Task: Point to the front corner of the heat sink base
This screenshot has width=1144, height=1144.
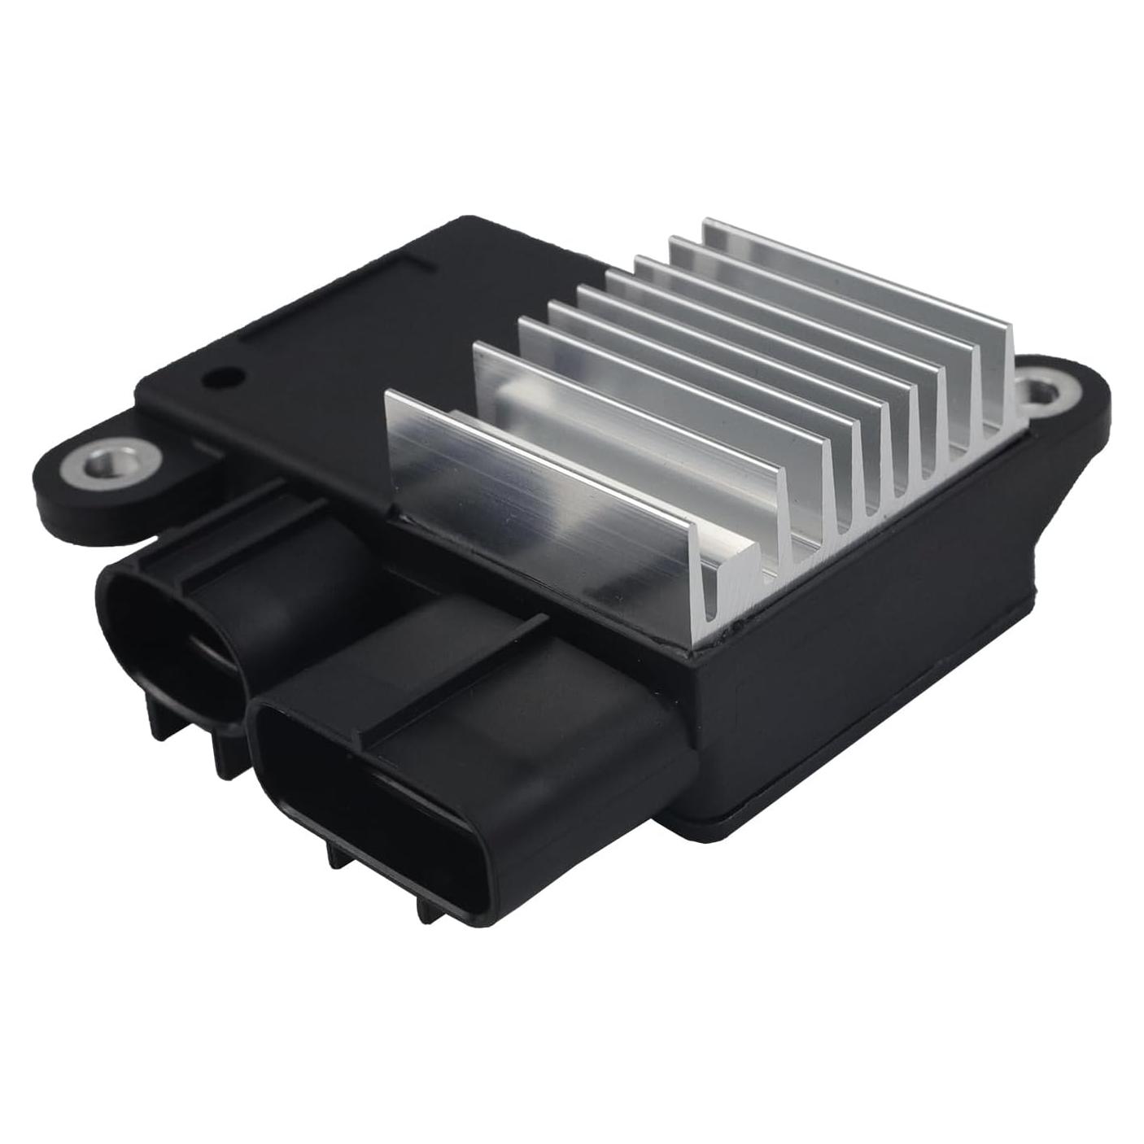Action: pyautogui.click(x=692, y=647)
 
